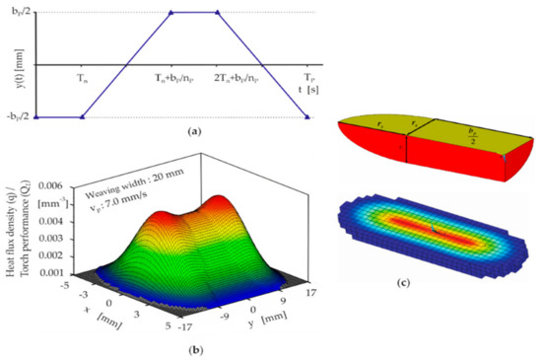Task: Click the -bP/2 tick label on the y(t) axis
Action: point(18,117)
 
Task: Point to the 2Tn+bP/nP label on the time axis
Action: point(238,75)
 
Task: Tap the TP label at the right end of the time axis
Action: point(308,75)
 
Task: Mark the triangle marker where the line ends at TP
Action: point(308,117)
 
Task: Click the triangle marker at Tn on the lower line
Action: point(82,117)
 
